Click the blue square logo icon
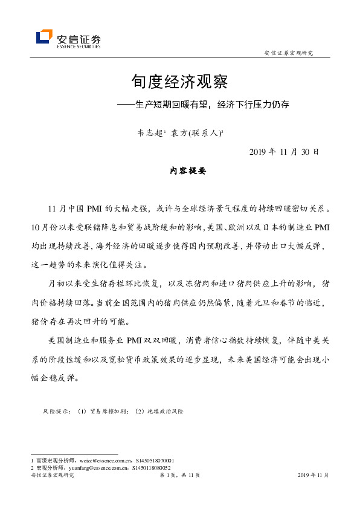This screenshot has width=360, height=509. click(x=44, y=37)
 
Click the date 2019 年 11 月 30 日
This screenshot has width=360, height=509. click(x=284, y=151)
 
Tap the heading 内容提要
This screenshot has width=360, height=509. click(x=188, y=171)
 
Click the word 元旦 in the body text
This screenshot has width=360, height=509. click(x=268, y=303)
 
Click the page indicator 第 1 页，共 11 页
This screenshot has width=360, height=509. click(x=179, y=476)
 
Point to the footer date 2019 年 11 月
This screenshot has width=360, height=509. click(x=313, y=476)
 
